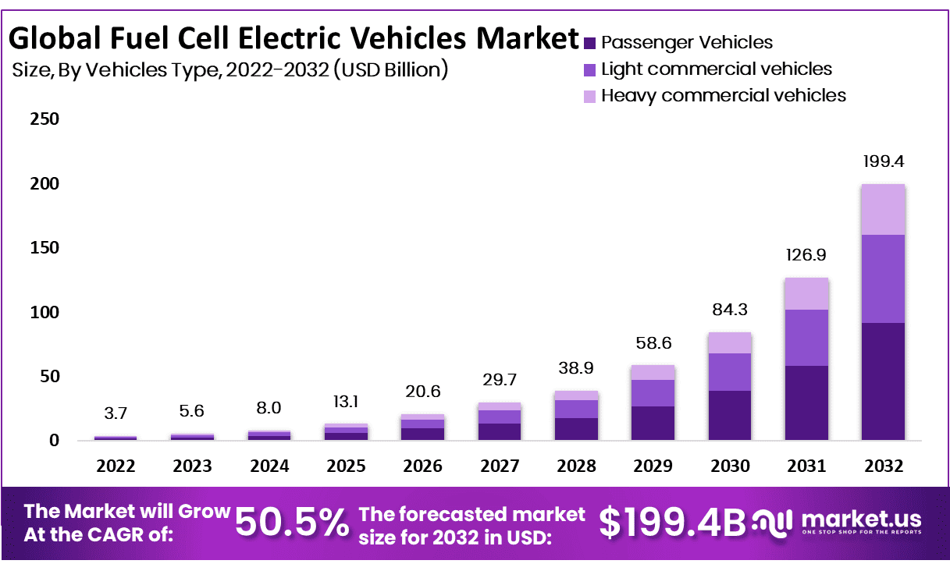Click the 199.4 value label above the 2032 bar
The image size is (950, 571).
click(x=883, y=162)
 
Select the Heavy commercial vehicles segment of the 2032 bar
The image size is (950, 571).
click(x=883, y=209)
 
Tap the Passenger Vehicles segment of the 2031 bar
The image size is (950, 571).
click(x=806, y=403)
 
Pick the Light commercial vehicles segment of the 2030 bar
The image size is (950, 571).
click(x=730, y=372)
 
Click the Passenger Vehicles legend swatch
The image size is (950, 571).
click(x=590, y=43)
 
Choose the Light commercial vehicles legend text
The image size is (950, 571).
click(x=717, y=69)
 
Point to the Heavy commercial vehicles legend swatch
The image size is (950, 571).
click(x=590, y=96)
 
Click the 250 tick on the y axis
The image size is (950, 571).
click(x=44, y=120)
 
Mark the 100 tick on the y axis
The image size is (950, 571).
click(x=44, y=312)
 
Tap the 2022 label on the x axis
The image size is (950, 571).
click(x=116, y=466)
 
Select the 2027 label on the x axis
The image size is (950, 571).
click(x=500, y=466)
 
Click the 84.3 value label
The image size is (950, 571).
click(x=730, y=310)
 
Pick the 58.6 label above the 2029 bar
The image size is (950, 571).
click(x=653, y=343)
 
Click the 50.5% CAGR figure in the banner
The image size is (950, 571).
click(x=292, y=523)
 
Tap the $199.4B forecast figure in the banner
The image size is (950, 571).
click(x=673, y=523)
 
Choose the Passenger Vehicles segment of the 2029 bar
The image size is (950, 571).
click(x=653, y=423)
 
